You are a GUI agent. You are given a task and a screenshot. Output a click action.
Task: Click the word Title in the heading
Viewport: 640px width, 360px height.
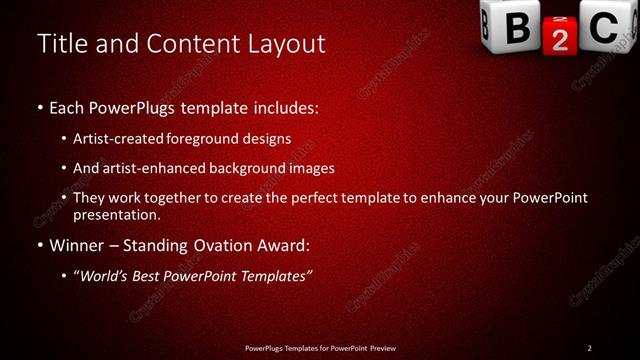(x=60, y=44)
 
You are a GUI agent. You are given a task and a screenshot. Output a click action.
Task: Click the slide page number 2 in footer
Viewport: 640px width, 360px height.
(x=590, y=348)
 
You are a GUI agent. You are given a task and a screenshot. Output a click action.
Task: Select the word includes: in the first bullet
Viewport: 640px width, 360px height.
(x=282, y=106)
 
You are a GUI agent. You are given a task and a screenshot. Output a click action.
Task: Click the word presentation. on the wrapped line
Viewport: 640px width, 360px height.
(x=116, y=214)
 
